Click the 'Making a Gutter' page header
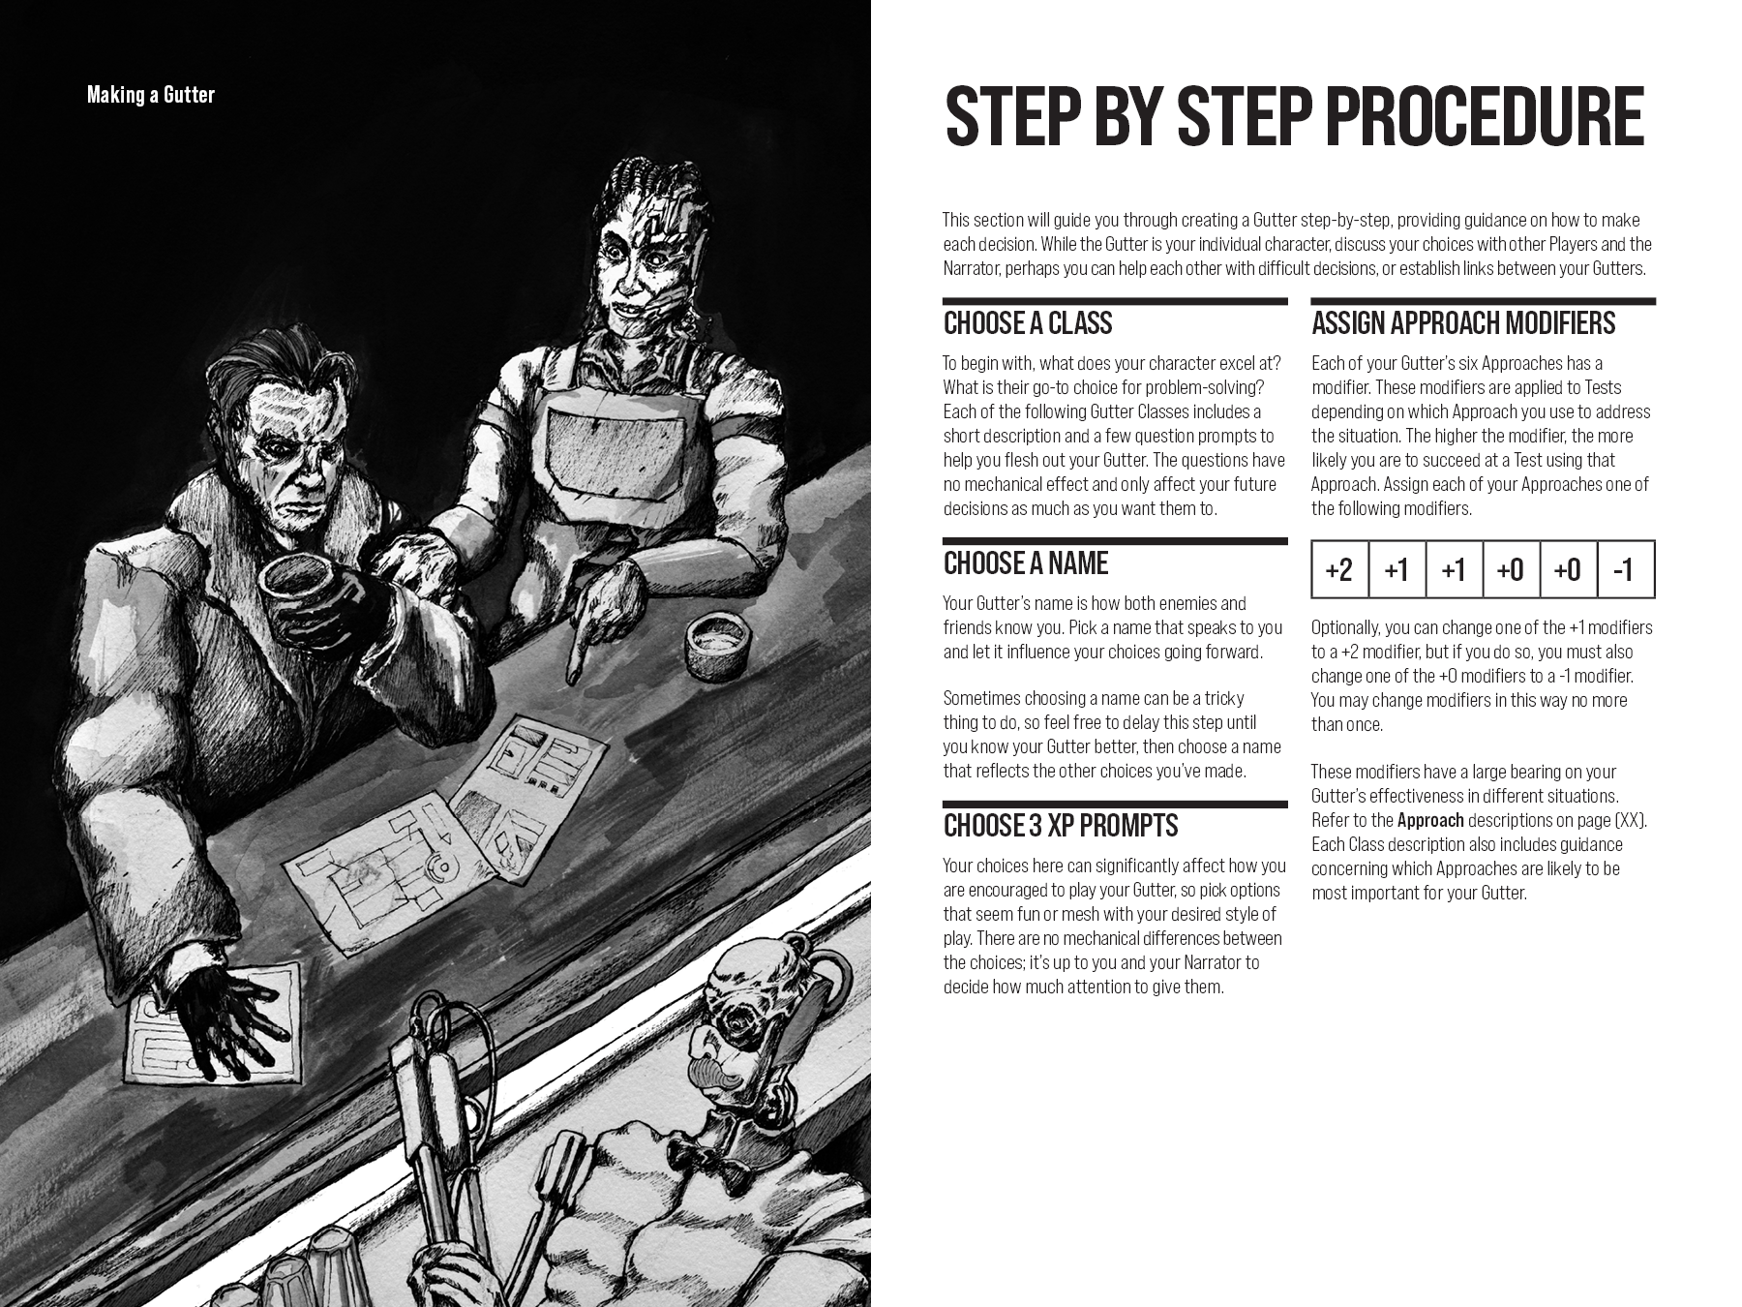(151, 95)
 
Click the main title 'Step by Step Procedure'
(1294, 116)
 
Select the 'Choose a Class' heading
(1028, 322)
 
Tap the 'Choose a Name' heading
(1026, 562)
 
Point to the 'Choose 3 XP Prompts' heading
(1061, 825)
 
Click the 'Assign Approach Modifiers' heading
(1463, 322)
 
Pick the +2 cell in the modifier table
(1339, 569)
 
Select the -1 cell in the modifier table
(1625, 569)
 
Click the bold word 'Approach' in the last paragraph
(1430, 820)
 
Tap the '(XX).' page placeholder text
(1631, 820)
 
